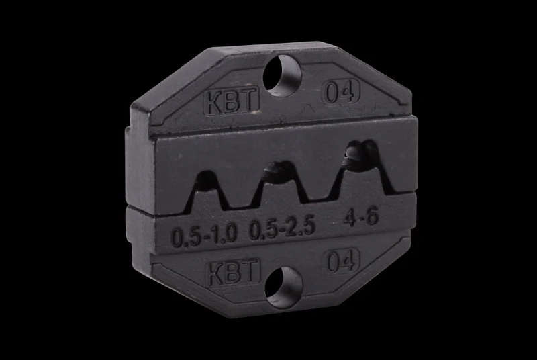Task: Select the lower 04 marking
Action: coord(342,260)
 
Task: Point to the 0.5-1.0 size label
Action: coord(205,236)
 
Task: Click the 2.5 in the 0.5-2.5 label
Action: coord(302,230)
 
